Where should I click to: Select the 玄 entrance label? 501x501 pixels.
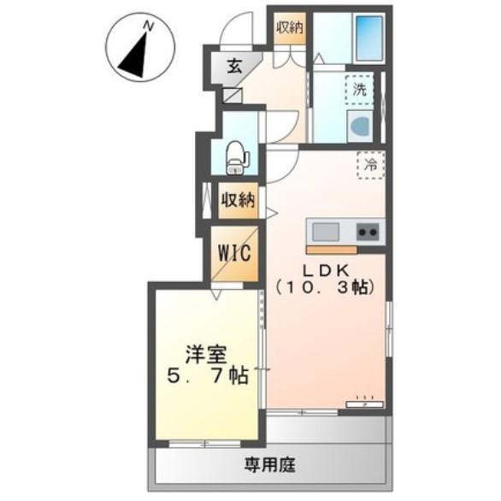click(x=233, y=65)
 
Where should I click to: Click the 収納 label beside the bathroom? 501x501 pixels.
click(x=290, y=27)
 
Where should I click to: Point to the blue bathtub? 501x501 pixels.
click(x=368, y=37)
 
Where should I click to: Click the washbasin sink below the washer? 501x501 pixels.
click(x=361, y=127)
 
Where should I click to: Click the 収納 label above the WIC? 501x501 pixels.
click(x=239, y=202)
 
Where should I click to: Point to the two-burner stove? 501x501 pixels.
click(x=368, y=232)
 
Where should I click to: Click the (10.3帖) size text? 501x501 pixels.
click(x=325, y=289)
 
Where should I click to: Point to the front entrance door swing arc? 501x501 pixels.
click(x=233, y=27)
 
